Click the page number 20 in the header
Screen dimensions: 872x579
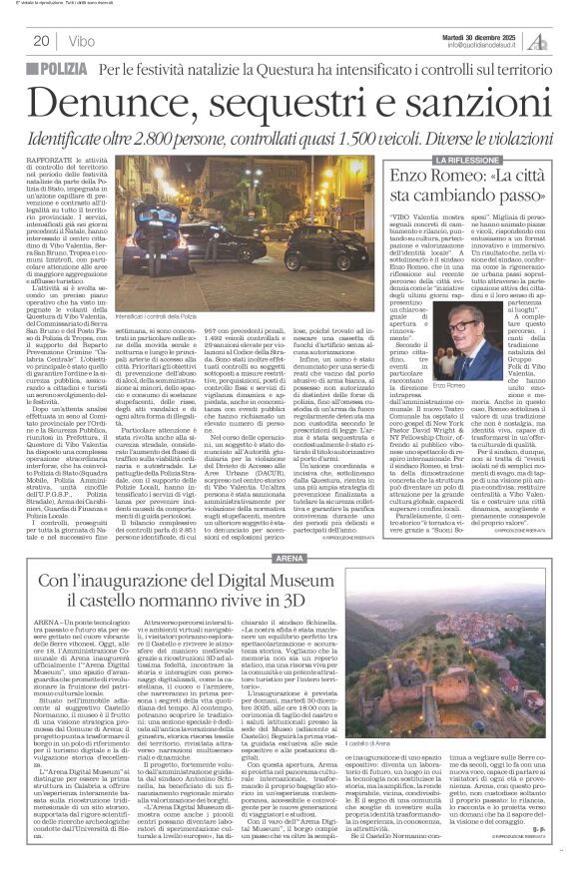pyautogui.click(x=41, y=41)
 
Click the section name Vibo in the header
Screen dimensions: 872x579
pyautogui.click(x=83, y=41)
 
